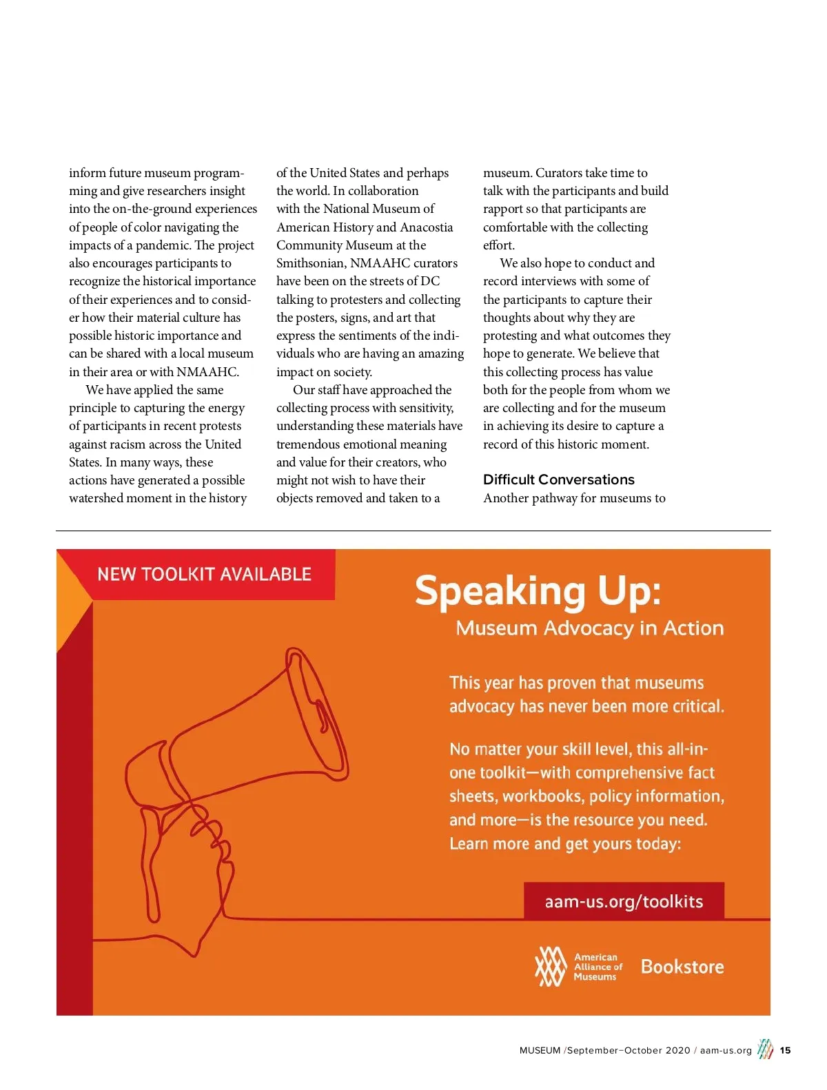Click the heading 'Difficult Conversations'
coord(558,480)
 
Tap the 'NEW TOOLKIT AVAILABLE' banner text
coord(204,574)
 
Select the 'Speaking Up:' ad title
coord(538,591)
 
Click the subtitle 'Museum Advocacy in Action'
coord(589,628)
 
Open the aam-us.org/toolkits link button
coord(624,901)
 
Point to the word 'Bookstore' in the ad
coord(682,967)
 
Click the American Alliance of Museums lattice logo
coord(551,966)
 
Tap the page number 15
coord(785,1051)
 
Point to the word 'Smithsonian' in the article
coord(310,263)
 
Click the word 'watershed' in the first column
coord(96,498)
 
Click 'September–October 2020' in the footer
coord(628,1051)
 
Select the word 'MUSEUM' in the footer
coord(540,1051)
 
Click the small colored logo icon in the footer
coord(765,1049)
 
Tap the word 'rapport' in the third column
coord(504,209)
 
